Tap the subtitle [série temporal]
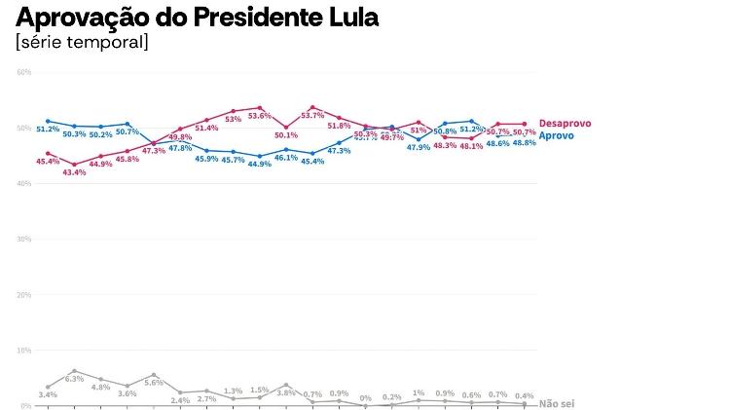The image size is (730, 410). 82,43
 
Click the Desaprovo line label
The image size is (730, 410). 565,124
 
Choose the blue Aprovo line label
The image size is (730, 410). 556,135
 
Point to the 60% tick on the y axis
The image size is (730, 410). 24,73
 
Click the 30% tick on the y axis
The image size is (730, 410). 24,239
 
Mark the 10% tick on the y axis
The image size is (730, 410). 24,350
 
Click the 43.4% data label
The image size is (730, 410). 74,172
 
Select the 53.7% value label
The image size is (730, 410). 312,115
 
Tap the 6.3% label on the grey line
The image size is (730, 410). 75,377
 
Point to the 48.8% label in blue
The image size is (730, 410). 524,143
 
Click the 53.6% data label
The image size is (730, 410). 260,115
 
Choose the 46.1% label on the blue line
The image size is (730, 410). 286,157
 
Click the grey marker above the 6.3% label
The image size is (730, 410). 74,370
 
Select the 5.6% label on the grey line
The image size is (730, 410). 154,383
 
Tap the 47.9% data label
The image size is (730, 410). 419,147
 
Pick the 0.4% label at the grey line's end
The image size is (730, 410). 525,394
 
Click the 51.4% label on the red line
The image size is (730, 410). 206,128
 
